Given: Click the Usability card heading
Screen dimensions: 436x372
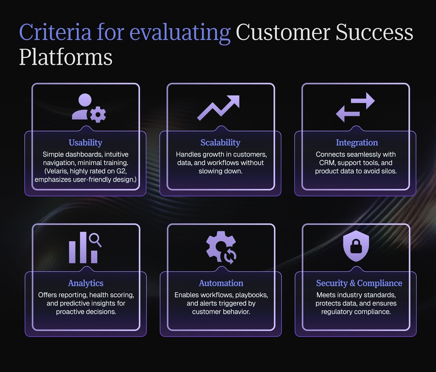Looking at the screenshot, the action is (85, 143).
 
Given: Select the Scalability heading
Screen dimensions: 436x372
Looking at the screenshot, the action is (220, 143).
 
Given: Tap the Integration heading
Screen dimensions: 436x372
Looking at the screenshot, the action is (357, 143).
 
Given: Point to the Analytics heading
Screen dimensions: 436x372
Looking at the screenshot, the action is (86, 283).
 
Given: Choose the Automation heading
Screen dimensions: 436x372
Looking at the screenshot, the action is (221, 283).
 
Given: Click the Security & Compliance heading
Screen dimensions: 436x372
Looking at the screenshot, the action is (359, 283).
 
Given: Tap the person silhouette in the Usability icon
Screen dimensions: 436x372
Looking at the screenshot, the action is (82, 107).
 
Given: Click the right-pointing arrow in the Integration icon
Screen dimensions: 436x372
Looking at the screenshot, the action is (363, 101).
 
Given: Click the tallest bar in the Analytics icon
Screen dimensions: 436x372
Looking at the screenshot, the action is (83, 247).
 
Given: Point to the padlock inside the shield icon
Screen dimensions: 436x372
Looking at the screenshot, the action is (356, 247).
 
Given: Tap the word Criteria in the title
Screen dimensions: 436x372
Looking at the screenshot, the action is (55, 32).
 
